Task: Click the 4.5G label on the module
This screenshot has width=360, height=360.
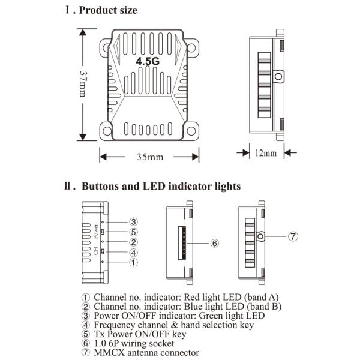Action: [x=148, y=61]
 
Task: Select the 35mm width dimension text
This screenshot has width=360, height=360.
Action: [x=149, y=157]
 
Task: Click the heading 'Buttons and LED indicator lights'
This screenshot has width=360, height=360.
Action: [x=160, y=187]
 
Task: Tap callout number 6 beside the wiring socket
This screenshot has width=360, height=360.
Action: [x=215, y=243]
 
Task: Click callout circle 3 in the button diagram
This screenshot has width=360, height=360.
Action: [x=134, y=222]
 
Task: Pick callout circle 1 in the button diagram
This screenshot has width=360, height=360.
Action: [x=134, y=262]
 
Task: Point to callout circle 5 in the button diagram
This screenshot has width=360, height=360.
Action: [x=134, y=232]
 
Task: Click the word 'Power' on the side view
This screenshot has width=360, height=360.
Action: [x=95, y=232]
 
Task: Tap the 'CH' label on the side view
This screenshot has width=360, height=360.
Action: [x=95, y=251]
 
